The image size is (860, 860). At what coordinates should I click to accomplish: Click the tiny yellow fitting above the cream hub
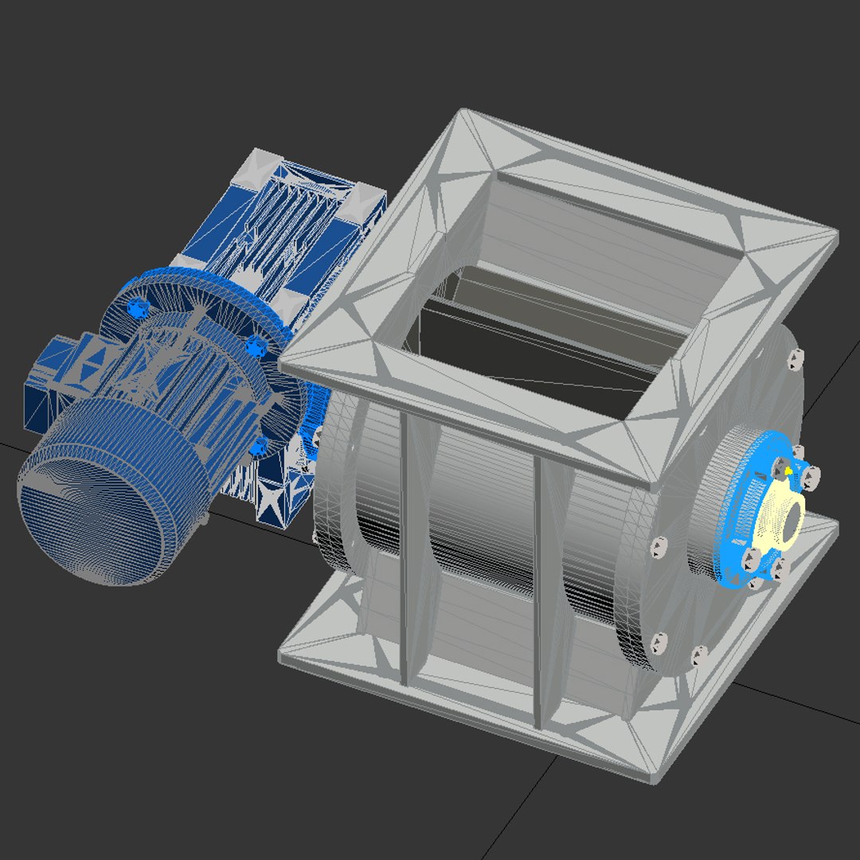point(788,471)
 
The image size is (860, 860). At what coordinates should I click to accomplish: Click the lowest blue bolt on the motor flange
point(256,449)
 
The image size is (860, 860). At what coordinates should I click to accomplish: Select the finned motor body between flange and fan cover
point(199,398)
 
